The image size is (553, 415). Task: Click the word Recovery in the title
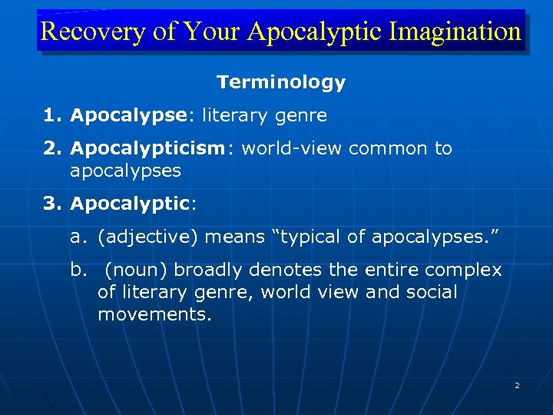tap(83, 32)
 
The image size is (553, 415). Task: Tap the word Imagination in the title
tap(455, 32)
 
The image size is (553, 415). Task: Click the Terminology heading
tap(281, 82)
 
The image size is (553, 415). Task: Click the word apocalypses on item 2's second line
tap(125, 170)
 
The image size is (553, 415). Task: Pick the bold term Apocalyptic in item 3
tap(129, 204)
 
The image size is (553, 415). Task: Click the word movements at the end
tap(154, 314)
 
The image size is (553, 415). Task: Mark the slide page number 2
tap(517, 385)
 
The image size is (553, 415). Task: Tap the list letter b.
tap(77, 271)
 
